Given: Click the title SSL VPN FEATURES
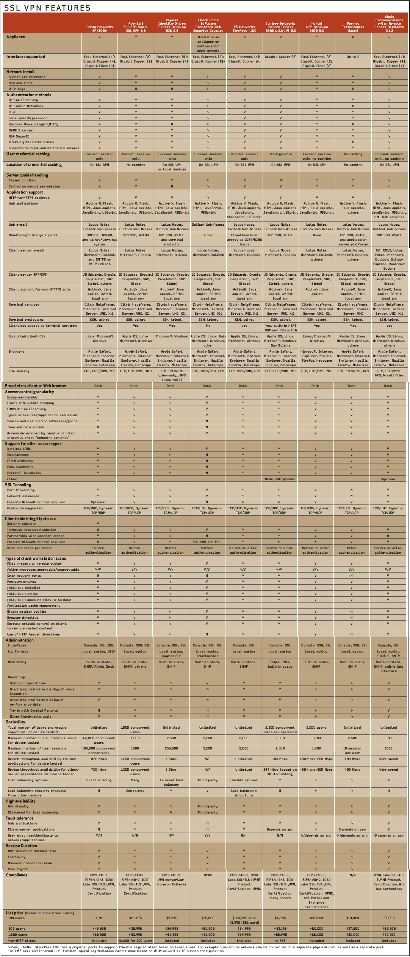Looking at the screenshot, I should click(47, 8).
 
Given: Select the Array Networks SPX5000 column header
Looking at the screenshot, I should click(99, 29).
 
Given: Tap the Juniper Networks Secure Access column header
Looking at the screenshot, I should click(280, 27).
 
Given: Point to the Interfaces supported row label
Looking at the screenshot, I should click(26, 57).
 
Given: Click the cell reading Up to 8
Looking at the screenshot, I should click(353, 57).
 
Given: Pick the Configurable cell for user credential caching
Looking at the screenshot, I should click(280, 154).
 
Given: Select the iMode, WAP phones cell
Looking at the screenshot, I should click(279, 479).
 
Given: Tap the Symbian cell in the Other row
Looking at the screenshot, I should click(388, 479).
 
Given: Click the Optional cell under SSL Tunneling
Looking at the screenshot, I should click(98, 502).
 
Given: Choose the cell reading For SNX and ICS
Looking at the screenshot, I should click(207, 542).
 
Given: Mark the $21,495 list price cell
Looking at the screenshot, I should click(135, 918).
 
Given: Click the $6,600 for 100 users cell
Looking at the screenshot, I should click(135, 941).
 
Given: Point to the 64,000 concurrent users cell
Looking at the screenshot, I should click(99, 740).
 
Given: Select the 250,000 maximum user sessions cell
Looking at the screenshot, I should click(171, 748).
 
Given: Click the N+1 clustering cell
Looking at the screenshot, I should click(99, 780).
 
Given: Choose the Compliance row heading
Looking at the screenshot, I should click(17, 875).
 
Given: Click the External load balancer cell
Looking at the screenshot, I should click(171, 782).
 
